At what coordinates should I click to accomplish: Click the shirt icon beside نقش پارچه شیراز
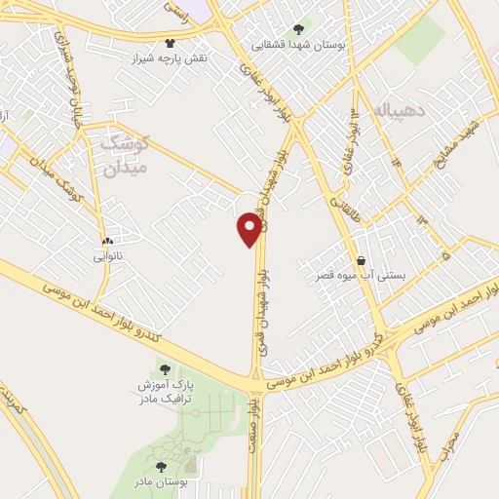pos(172,43)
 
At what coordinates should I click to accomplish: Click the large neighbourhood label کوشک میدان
pos(126,154)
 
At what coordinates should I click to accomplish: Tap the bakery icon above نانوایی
pos(107,240)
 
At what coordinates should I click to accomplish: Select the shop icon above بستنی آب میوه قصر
pos(363,260)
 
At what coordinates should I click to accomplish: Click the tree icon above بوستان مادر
pos(161,466)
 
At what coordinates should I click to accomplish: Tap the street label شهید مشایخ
pos(462,147)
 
